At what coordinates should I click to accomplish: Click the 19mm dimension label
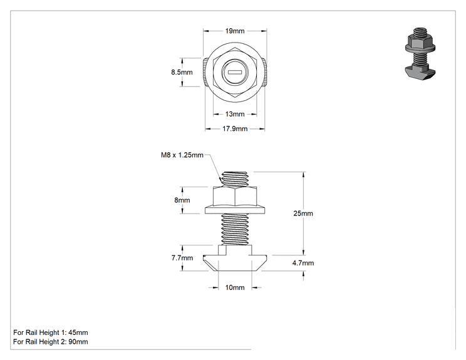pos(235,31)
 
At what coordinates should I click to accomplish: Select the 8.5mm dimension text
pos(182,72)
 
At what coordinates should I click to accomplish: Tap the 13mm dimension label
pos(235,114)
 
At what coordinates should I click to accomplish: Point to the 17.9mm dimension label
pos(235,129)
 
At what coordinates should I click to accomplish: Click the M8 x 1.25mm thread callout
pos(182,155)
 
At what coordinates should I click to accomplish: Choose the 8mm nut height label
pos(182,200)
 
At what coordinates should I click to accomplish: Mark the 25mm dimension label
pos(303,213)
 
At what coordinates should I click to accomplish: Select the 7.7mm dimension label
pos(182,258)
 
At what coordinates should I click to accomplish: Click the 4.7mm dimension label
pos(303,263)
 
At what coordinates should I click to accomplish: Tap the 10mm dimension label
pos(235,287)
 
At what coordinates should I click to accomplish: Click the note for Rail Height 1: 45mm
pos(51,332)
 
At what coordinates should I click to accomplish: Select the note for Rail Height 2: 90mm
pos(51,342)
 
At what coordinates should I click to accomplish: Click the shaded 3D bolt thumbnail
pos(420,53)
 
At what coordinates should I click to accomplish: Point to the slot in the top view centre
pos(235,72)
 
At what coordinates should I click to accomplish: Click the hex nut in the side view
pos(235,196)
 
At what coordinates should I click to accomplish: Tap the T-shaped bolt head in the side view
pos(235,258)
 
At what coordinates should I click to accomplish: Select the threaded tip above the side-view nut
pos(235,179)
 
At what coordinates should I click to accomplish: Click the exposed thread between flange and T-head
pos(235,229)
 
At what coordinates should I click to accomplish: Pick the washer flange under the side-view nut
pos(235,210)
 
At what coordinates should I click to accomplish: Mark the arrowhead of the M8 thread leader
pos(220,180)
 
